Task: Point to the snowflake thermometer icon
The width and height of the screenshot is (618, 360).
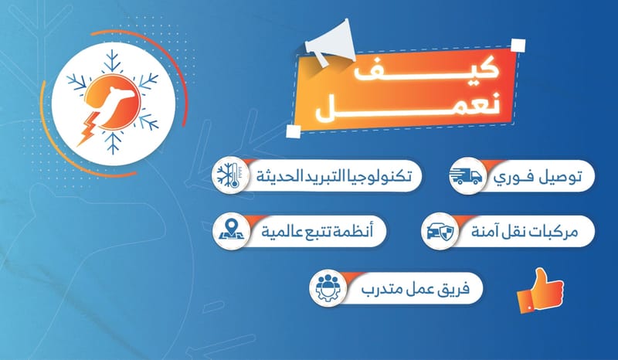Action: pyautogui.click(x=231, y=175)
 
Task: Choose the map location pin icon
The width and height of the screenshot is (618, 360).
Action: pyautogui.click(x=231, y=231)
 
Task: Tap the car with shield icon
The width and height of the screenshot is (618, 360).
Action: pyautogui.click(x=440, y=231)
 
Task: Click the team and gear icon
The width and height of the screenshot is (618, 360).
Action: pyautogui.click(x=328, y=288)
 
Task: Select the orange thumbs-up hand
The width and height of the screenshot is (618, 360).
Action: pyautogui.click(x=540, y=290)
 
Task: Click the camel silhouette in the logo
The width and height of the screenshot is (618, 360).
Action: pyautogui.click(x=114, y=104)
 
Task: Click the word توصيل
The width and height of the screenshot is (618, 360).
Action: pyautogui.click(x=560, y=177)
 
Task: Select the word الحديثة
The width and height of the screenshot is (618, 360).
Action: pyautogui.click(x=276, y=176)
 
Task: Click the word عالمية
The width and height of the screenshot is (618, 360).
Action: pyautogui.click(x=282, y=232)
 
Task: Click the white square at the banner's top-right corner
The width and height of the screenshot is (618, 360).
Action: pyautogui.click(x=518, y=45)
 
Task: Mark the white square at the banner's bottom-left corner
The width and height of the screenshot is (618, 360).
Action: pyautogui.click(x=294, y=131)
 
